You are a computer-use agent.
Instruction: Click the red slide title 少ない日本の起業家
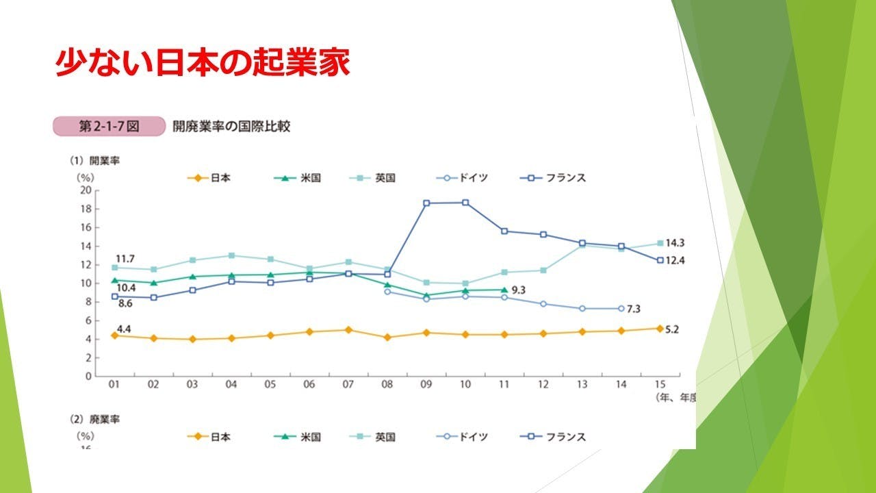tap(203, 62)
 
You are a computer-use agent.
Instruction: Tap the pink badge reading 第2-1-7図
tap(109, 127)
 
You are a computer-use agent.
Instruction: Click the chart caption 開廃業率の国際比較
tap(231, 127)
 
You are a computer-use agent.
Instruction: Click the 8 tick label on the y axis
tap(88, 302)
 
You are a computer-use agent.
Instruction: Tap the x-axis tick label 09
tap(426, 385)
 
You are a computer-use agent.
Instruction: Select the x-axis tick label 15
tap(660, 385)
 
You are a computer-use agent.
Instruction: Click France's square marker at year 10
tap(465, 203)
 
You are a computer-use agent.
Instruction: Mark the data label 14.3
tap(676, 243)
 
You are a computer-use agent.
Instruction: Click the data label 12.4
tap(676, 261)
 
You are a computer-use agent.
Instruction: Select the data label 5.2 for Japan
tap(673, 329)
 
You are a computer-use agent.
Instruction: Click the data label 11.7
tap(125, 258)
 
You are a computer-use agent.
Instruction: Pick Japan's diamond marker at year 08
tap(387, 338)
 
